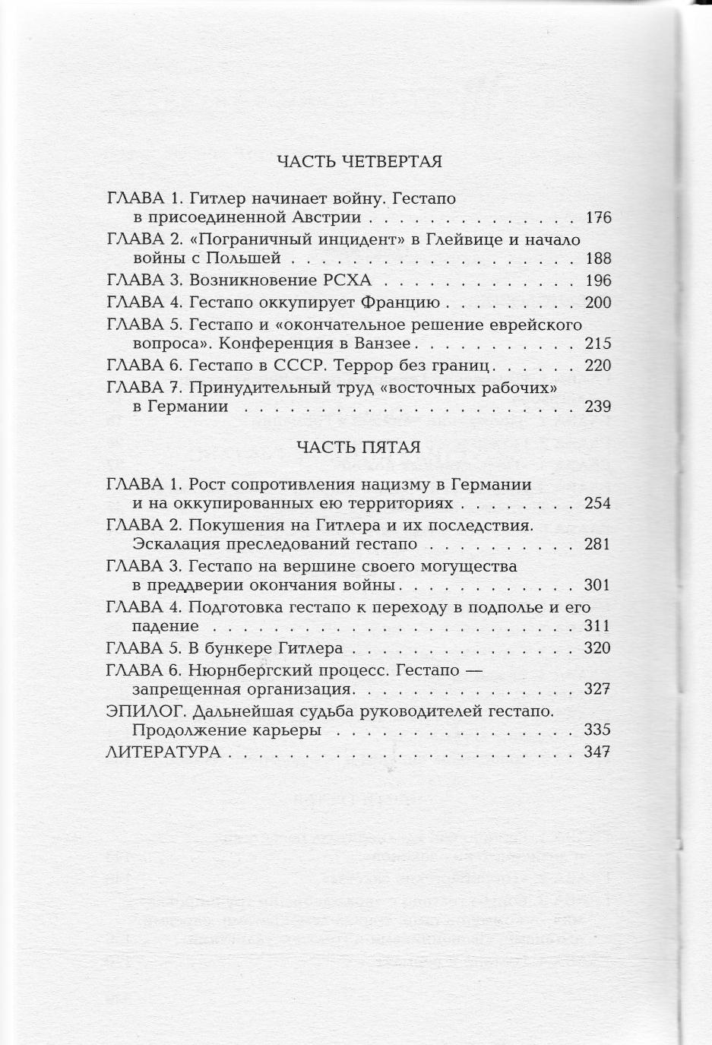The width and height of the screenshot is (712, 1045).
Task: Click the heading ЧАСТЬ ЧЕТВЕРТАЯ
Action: [x=359, y=161]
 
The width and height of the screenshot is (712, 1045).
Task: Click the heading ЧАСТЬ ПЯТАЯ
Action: [x=359, y=447]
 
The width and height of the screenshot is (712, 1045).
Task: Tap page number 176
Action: [x=599, y=218]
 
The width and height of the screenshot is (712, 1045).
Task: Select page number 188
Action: [x=599, y=258]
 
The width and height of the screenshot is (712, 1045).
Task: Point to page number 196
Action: [x=599, y=280]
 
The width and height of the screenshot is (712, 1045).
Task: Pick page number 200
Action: [x=599, y=302]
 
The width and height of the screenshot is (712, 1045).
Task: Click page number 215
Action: [x=599, y=344]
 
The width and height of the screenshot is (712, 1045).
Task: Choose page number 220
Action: [x=599, y=366]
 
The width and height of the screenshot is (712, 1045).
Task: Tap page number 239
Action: [x=599, y=407]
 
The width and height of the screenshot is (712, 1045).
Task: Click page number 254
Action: [x=599, y=503]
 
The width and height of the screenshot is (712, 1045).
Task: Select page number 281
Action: [x=599, y=544]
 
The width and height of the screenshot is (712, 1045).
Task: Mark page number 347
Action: [x=599, y=752]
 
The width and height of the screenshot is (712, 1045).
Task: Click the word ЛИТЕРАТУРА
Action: [x=163, y=752]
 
